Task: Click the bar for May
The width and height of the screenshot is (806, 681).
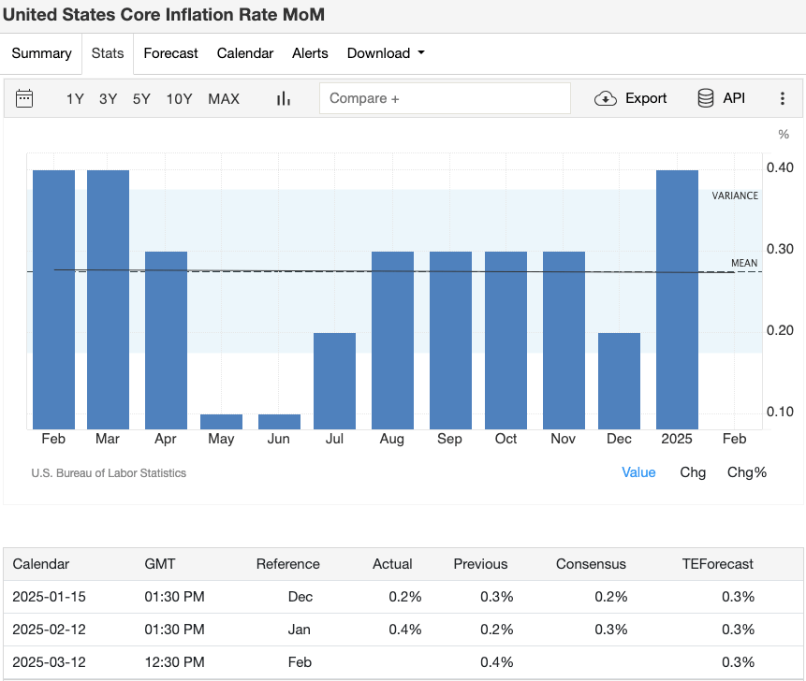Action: pos(221,422)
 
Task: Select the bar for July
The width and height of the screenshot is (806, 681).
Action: pos(334,381)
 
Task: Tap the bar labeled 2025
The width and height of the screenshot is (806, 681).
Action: pos(677,299)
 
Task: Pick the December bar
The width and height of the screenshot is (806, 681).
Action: pos(619,381)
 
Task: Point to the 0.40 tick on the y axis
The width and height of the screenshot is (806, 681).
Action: pos(781,167)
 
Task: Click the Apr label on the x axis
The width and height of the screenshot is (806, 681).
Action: pos(166,439)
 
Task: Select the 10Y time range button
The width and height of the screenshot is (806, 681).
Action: pos(180,98)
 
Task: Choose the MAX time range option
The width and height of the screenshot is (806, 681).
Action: pos(224,98)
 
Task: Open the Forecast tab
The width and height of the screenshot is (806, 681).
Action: pos(170,53)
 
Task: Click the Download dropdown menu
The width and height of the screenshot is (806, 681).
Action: pos(386,53)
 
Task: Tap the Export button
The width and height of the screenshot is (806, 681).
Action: pos(632,98)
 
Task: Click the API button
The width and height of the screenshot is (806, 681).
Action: pos(722,98)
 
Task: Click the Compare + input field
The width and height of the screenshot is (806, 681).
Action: pos(445,98)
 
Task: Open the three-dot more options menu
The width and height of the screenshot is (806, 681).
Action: pos(783,98)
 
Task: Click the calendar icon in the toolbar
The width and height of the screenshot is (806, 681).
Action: pos(25,98)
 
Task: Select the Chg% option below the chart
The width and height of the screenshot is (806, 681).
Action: pos(746,472)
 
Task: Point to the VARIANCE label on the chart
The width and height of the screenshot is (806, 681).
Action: pos(735,196)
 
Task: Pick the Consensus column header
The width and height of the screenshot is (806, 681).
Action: pos(591,564)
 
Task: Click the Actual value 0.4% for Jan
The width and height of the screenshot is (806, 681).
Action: pos(405,630)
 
